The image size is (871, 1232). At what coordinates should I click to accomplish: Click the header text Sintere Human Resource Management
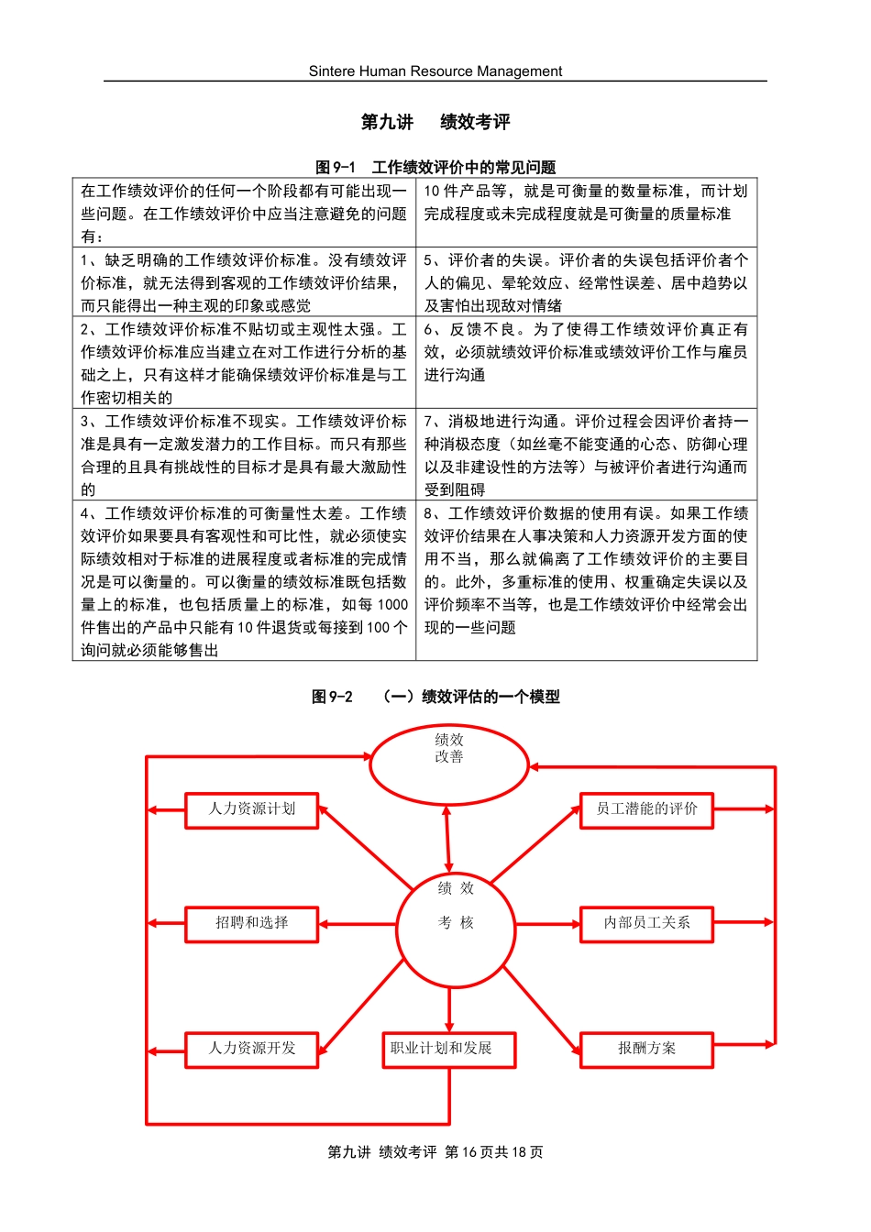coord(435,71)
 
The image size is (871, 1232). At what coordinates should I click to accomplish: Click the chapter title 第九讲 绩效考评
coord(435,122)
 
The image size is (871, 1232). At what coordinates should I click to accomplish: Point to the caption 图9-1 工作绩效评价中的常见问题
coord(435,167)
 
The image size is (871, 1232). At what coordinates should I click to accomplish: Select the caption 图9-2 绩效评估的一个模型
coord(435,697)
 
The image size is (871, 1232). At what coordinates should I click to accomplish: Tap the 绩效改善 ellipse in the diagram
coord(448,763)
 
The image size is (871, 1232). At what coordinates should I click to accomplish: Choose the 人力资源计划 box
coord(251,809)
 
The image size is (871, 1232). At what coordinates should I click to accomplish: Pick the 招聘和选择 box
coord(251,923)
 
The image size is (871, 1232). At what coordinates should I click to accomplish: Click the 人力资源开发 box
coord(251,1049)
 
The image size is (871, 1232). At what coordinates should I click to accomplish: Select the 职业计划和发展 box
coord(448,1049)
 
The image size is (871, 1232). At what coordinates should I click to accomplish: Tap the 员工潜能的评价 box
coord(646,809)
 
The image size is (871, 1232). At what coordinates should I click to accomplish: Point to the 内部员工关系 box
coord(646,923)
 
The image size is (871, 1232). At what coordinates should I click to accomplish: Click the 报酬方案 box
coord(646,1049)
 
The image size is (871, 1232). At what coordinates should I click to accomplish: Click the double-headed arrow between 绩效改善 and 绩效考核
coord(447,839)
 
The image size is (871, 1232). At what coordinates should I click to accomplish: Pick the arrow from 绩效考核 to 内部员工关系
coord(547,924)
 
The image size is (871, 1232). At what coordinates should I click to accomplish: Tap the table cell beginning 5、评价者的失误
coord(586,282)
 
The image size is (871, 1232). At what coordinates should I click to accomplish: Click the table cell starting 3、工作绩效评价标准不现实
coord(244,455)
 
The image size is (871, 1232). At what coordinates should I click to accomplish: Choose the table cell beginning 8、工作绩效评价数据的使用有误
coord(586,570)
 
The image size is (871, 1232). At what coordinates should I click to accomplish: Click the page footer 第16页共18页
coord(493,1152)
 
